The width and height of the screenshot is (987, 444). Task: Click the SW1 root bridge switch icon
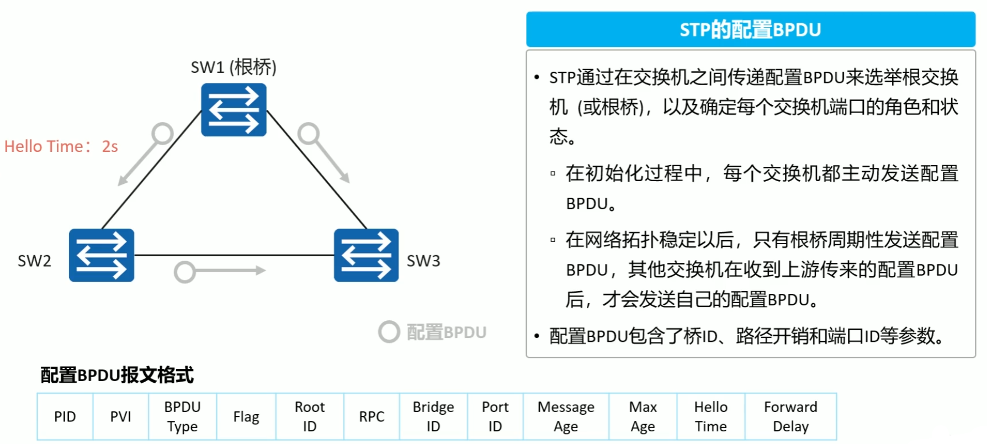234,110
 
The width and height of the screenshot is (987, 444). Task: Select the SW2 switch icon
102,255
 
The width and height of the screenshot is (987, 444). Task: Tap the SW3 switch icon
366,255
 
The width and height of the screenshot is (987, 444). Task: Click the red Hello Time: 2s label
61,146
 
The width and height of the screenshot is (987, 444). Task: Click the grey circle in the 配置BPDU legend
389,332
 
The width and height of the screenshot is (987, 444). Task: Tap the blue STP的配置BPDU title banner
750,29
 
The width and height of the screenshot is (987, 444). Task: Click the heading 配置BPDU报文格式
117,375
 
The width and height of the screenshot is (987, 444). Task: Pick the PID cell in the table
65,417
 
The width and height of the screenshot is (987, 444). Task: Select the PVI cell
121,417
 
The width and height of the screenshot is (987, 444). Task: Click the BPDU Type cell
182,417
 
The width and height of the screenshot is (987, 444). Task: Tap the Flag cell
246,417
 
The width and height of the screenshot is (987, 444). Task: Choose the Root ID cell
310,417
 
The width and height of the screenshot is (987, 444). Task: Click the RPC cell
372,417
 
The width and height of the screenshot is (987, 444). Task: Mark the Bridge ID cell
433,417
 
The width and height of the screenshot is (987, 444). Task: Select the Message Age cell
566,417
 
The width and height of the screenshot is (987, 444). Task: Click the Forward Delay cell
790,417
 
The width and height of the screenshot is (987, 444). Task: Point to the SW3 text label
423,261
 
